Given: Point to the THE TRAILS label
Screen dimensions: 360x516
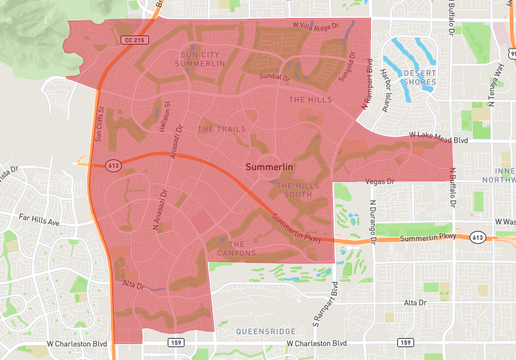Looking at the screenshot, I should (221, 129).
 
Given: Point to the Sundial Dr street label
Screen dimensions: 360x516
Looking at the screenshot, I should (273, 76).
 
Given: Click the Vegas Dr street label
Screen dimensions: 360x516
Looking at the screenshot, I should (380, 181).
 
